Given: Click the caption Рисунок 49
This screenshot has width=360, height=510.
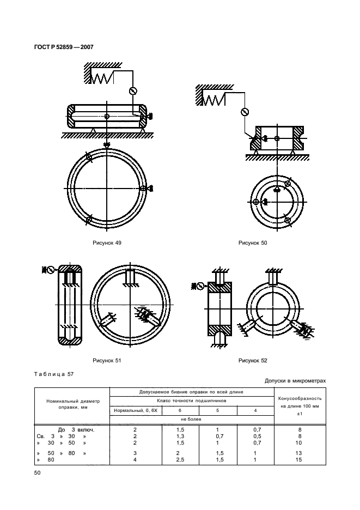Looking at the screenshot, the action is pos(107,242).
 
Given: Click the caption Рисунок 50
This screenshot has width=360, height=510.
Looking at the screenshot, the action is pos(253,242).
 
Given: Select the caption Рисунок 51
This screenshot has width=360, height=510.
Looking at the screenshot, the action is pos(107,360).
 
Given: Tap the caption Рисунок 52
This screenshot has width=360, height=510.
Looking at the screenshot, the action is pos(253,360).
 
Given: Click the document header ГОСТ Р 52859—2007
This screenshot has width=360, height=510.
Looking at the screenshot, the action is pos(64,47).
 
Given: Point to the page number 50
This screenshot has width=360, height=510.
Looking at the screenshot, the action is pos(37,472).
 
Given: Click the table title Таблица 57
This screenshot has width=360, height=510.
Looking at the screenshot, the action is pos(54,374).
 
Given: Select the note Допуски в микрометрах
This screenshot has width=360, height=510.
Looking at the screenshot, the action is pos(295,380).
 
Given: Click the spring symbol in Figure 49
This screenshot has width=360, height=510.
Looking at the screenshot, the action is pos(101,78).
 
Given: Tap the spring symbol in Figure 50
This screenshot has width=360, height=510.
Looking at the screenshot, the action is pos(213,100).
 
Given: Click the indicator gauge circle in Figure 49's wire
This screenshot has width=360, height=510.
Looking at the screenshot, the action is pos(133,91).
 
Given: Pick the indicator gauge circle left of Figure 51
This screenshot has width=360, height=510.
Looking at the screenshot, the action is pos(51,270).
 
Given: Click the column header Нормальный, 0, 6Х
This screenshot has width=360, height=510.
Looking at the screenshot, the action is pos(136,410).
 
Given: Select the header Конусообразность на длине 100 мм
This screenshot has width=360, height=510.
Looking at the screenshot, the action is pos(300,402).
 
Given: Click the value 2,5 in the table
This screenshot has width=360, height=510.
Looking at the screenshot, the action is pos(180,459).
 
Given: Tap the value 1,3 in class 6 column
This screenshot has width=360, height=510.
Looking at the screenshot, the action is pos(180,436).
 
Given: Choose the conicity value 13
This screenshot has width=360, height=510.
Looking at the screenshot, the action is pos(299,453).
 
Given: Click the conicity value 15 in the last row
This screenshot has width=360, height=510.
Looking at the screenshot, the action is pos(299,459).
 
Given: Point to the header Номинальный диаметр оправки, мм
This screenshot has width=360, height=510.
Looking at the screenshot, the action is pos(73,404).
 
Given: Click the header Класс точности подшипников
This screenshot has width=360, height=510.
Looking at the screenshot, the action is pos(192,400).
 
